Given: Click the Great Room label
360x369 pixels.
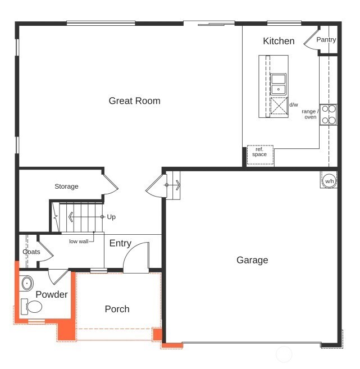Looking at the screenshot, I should click(134, 101).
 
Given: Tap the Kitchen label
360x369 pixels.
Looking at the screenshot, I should click(279, 41).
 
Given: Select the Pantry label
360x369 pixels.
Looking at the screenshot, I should click(326, 40).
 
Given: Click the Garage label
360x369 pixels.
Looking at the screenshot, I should click(252, 260).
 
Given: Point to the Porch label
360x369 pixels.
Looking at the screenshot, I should click(117, 309).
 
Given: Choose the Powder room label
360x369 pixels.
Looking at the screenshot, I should click(52, 294).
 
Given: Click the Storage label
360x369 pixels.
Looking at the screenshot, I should click(66, 186).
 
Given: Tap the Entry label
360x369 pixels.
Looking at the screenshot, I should click(120, 243).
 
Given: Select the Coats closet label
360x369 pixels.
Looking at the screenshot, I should click(31, 252).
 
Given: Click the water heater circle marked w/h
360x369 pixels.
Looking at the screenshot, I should click(329, 181).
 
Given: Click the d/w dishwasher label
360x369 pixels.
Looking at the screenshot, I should click(294, 105).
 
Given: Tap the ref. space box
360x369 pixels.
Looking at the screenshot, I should click(259, 152).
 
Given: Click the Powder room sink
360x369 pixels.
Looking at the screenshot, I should click(28, 284).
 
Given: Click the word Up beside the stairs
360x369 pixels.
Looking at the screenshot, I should click(111, 217).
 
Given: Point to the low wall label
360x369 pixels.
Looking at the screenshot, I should click(79, 242).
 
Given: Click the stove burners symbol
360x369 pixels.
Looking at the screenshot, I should click(329, 115).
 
